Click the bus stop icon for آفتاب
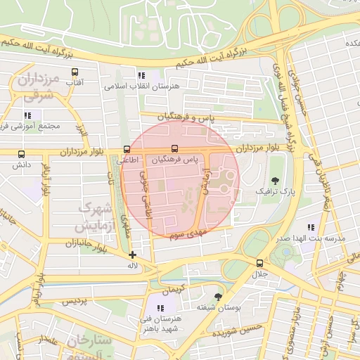pyautogui.click(x=75, y=72)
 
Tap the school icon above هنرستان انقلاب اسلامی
pyautogui.click(x=141, y=75)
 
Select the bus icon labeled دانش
pyautogui.click(x=20, y=154)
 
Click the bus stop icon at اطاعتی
pyautogui.click(x=127, y=149)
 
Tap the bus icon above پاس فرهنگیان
pyautogui.click(x=174, y=149)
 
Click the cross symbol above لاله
pyautogui.click(x=133, y=255)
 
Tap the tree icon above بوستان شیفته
pyautogui.click(x=217, y=296)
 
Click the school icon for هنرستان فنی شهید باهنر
pyautogui.click(x=161, y=308)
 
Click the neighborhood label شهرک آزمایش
pyautogui.click(x=94, y=218)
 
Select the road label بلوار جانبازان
pyautogui.click(x=72, y=243)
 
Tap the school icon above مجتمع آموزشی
pyautogui.click(x=27, y=115)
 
